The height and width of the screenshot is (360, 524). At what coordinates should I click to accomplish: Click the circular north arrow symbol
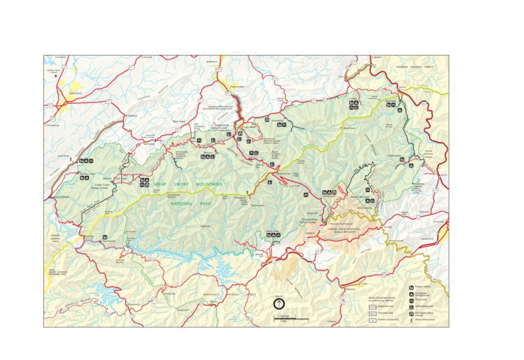[x=279, y=302]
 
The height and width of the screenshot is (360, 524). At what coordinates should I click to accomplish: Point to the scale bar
[x=291, y=318]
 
